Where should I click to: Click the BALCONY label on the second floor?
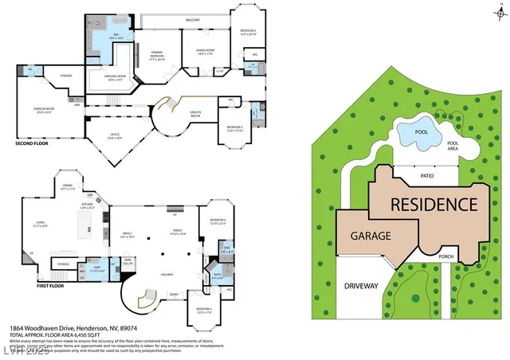click(x=192, y=19)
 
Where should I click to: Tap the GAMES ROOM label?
click(x=206, y=50)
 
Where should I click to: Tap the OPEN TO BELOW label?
click(x=194, y=113)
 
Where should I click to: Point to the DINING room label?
click(x=68, y=186)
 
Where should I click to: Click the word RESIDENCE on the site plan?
click(x=433, y=204)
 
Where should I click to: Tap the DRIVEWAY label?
click(x=360, y=285)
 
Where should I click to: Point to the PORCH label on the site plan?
click(x=469, y=256)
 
